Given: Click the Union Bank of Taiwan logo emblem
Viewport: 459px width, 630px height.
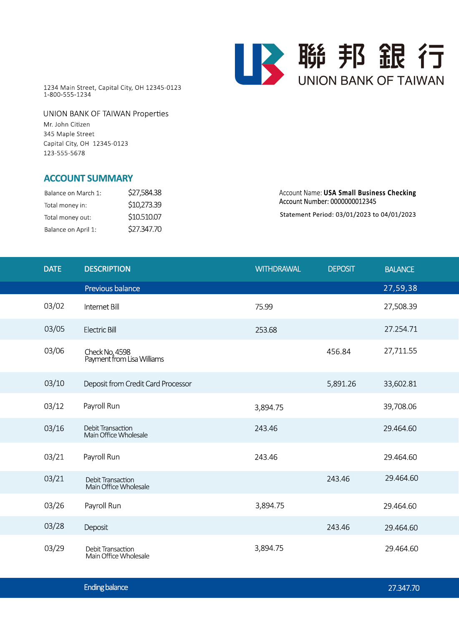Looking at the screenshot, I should [x=259, y=64].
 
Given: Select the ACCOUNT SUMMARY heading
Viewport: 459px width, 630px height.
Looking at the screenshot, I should [x=88, y=179].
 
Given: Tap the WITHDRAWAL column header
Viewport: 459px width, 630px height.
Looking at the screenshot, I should [x=278, y=269].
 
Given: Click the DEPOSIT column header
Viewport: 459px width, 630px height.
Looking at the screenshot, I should [x=341, y=269].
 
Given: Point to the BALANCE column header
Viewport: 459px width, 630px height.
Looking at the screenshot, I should [x=399, y=270].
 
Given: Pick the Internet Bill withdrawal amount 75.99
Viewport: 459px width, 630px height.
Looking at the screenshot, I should [x=264, y=307].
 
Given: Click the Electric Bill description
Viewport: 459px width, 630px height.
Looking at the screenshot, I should [x=100, y=330].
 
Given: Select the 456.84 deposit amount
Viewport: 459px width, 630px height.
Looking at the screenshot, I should [x=338, y=352].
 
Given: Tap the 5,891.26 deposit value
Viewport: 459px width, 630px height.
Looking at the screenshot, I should [x=341, y=384].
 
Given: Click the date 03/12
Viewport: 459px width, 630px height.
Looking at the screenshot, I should [x=54, y=406].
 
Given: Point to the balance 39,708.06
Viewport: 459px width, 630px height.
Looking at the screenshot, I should [x=400, y=407].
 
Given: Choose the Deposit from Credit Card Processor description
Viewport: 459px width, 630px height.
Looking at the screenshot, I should [x=138, y=384].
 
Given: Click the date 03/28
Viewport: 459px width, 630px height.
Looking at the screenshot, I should [x=54, y=526].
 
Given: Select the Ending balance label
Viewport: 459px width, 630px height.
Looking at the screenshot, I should [x=106, y=587].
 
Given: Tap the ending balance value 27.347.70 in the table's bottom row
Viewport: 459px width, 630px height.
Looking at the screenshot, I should [x=404, y=588].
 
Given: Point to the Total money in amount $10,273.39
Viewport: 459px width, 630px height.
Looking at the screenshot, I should [x=144, y=205].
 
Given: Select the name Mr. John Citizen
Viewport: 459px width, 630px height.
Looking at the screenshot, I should [x=67, y=124].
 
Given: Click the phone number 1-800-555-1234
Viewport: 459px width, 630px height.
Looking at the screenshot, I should [x=67, y=95].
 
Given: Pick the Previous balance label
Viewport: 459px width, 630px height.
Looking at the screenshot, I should [x=112, y=289].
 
